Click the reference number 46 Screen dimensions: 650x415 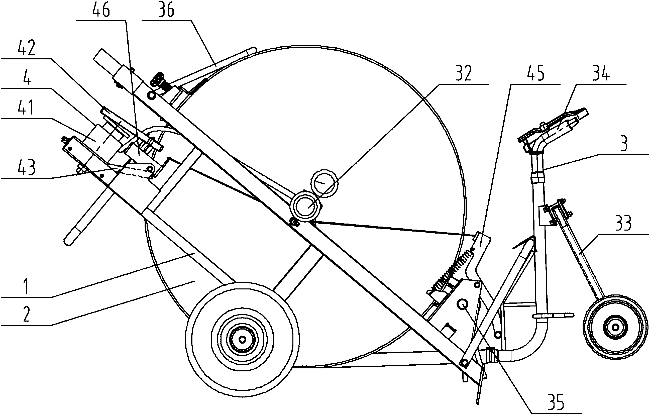point(101,10)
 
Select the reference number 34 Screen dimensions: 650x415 point(601,73)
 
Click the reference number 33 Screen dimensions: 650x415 point(623,223)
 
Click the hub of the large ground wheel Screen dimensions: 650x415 point(242,339)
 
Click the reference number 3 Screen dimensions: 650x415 point(623,144)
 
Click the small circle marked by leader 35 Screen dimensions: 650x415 point(462,304)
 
